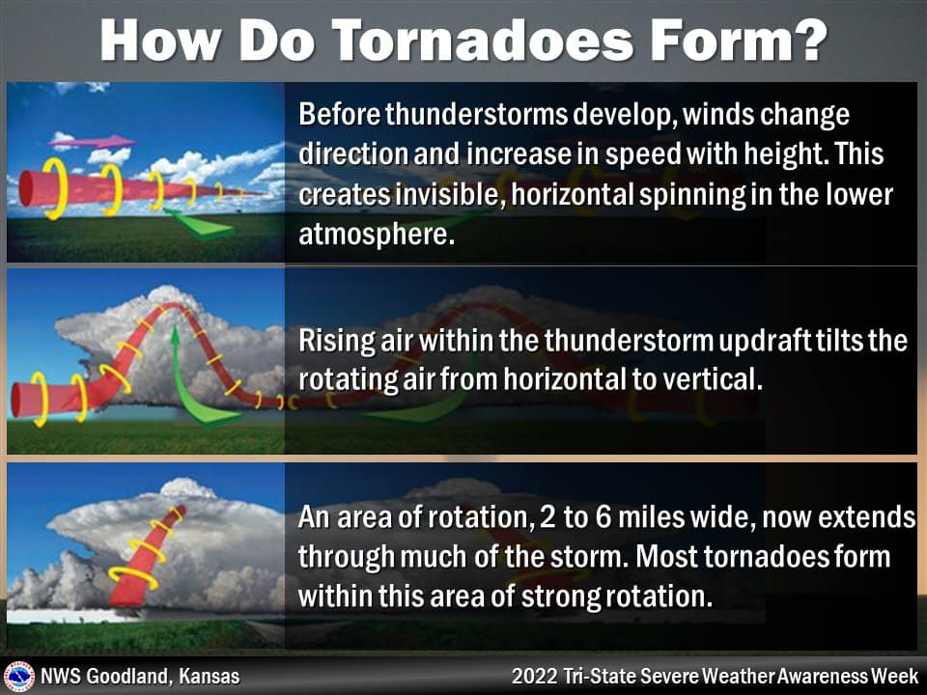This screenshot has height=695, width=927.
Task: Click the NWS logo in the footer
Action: (19, 676)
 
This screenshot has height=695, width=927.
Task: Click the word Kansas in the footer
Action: (210, 676)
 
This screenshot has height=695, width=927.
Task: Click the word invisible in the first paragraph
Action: (399, 195)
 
